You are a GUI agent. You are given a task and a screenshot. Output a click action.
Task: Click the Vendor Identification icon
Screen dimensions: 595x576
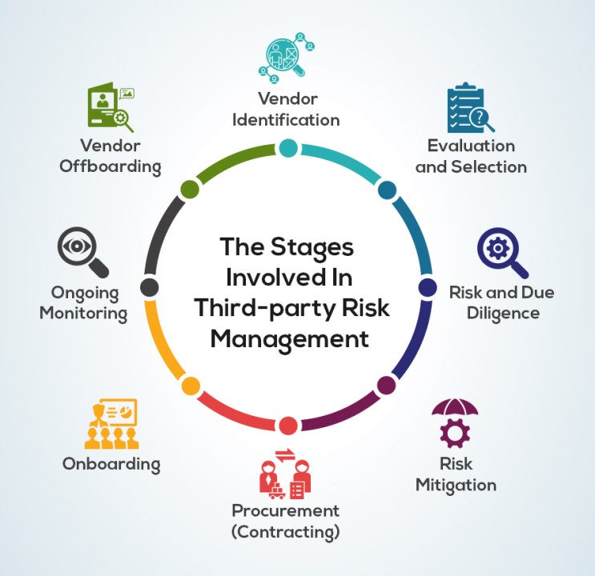tap(287, 58)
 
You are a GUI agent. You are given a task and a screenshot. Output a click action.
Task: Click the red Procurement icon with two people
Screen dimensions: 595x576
tap(285, 474)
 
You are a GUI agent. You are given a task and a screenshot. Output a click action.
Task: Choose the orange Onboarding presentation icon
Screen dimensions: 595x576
tap(111, 424)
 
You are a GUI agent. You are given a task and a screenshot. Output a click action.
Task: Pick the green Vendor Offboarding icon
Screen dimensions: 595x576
tap(111, 108)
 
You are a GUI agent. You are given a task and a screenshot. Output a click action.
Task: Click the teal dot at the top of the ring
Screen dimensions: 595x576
tap(288, 148)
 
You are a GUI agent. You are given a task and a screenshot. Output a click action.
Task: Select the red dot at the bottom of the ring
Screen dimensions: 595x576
tap(288, 425)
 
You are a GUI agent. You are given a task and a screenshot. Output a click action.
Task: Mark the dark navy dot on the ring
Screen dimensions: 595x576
tap(428, 287)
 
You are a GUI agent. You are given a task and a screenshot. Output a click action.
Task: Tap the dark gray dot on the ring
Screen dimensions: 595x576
tap(149, 287)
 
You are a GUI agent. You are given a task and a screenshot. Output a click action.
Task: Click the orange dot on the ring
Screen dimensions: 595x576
tap(191, 386)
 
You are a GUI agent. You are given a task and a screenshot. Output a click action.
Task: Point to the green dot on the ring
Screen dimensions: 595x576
tap(190, 189)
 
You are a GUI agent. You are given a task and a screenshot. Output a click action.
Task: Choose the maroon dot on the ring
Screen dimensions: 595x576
tap(386, 386)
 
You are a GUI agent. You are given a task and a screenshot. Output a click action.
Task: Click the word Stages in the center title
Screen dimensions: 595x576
tap(312, 248)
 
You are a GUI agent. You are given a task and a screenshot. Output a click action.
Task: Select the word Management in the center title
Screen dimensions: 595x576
tap(290, 340)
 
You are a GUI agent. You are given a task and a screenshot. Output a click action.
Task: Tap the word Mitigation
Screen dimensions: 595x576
tap(456, 486)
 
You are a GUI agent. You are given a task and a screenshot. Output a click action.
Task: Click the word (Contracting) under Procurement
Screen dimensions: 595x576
tap(285, 532)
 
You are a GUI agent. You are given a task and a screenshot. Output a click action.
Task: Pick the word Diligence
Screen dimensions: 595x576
tap(503, 314)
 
